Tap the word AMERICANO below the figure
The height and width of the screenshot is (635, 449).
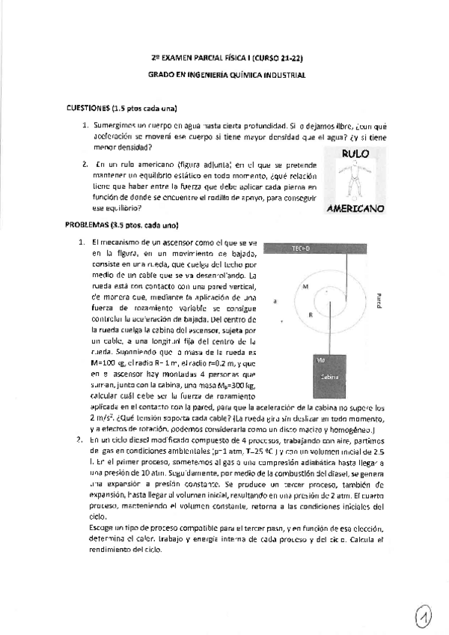[355, 208]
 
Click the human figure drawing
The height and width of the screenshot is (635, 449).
[355, 180]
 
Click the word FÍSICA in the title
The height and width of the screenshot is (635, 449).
[236, 58]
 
